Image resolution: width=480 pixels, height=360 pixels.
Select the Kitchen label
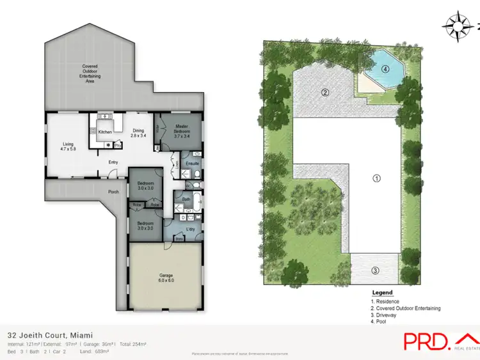click(x=105, y=132)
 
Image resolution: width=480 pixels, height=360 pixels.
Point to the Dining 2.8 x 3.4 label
click(x=138, y=134)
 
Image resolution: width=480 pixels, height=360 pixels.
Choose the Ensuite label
click(x=193, y=164)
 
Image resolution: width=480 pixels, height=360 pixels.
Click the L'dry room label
click(x=190, y=229)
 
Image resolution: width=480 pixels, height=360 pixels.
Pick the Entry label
click(x=113, y=162)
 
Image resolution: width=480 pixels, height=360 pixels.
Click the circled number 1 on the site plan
click(x=377, y=178)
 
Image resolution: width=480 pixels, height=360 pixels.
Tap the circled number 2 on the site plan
click(x=325, y=93)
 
